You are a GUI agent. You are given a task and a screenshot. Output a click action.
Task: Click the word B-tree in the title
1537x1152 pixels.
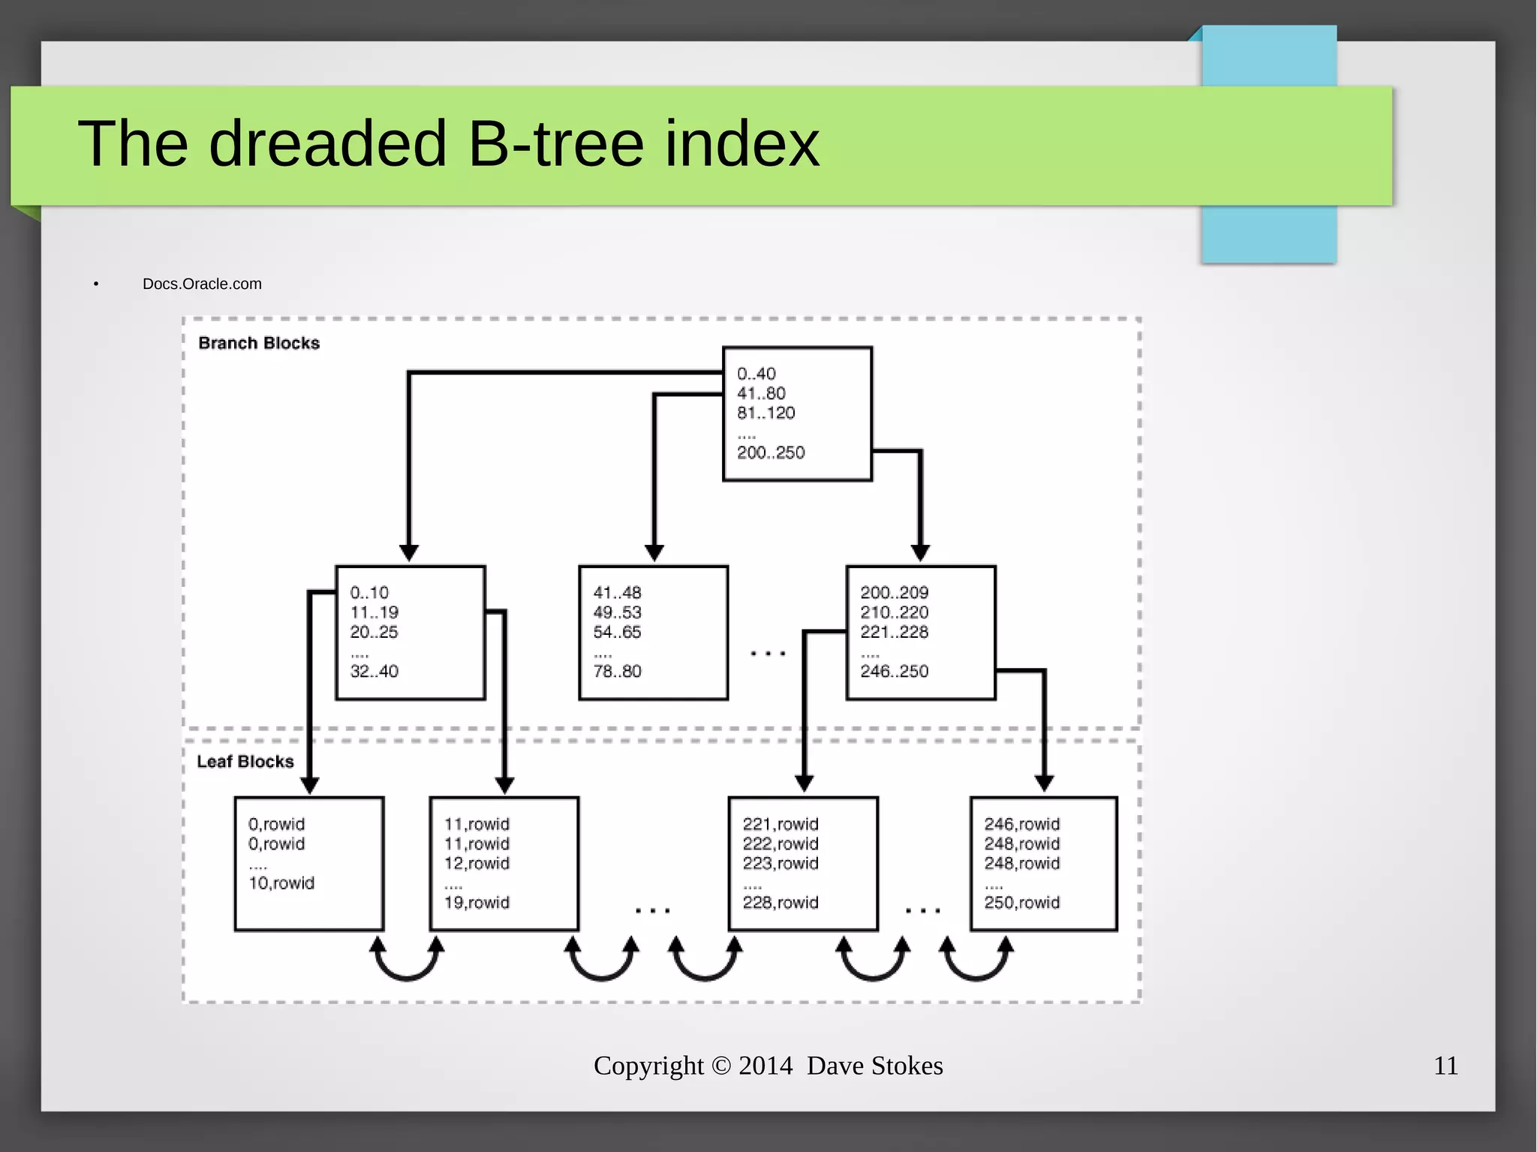coord(555,144)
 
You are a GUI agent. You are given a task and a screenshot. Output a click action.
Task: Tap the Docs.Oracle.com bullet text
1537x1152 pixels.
coord(202,284)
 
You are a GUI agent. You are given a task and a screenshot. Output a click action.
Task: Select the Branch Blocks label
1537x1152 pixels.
coord(259,343)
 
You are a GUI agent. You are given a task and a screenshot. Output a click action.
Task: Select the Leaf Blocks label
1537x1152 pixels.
coord(245,762)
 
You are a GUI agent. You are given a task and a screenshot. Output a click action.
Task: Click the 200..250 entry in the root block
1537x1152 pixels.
coord(771,453)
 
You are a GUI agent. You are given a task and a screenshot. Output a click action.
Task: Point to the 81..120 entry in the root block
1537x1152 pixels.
coord(765,413)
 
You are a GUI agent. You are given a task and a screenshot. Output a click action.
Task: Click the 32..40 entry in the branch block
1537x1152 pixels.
coord(374,671)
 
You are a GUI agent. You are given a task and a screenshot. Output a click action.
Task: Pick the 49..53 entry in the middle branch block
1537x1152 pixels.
coord(617,612)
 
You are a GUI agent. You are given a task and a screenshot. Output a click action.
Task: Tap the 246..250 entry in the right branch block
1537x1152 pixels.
coord(894,671)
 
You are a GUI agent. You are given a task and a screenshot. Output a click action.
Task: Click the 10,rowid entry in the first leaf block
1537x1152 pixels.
coord(281,883)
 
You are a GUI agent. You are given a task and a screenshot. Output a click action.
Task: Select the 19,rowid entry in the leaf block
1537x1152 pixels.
coord(477,903)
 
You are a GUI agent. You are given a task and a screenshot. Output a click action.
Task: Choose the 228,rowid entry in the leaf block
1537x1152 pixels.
coord(781,903)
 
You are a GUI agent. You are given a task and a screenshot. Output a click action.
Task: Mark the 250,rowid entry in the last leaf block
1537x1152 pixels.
coord(1021,903)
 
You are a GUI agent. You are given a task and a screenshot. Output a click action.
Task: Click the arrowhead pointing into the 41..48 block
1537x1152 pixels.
coord(654,554)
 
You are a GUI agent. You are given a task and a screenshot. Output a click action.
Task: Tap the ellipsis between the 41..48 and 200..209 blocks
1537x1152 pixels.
coord(768,654)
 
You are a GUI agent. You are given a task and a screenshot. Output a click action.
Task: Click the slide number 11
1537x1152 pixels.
coord(1445,1066)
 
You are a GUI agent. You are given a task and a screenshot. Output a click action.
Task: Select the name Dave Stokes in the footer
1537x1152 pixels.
coord(874,1066)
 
